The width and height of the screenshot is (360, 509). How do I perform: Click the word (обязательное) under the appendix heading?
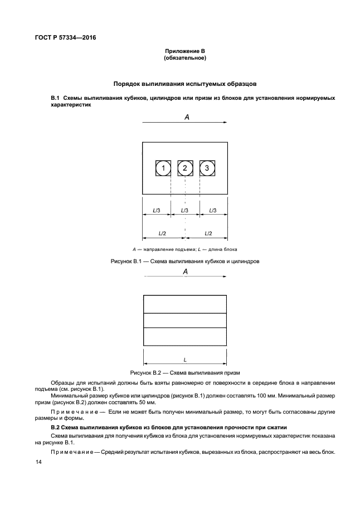click(x=184, y=58)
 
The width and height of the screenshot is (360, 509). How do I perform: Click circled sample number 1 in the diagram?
click(x=163, y=168)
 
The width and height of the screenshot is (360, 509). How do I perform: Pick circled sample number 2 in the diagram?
click(x=185, y=168)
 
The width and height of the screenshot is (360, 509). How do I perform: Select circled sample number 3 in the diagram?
click(x=207, y=168)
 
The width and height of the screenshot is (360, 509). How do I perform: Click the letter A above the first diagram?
click(x=187, y=117)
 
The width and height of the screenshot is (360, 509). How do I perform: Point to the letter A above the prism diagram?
click(x=186, y=271)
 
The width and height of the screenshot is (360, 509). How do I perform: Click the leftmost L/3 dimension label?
click(x=157, y=210)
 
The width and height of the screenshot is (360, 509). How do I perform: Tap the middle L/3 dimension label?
click(x=185, y=210)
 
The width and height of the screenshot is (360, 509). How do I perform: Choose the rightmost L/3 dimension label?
click(x=213, y=210)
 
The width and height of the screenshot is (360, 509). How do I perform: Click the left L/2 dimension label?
click(x=162, y=232)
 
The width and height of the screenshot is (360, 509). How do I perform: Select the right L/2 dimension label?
click(x=207, y=232)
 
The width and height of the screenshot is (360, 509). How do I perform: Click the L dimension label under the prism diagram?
click(x=185, y=360)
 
